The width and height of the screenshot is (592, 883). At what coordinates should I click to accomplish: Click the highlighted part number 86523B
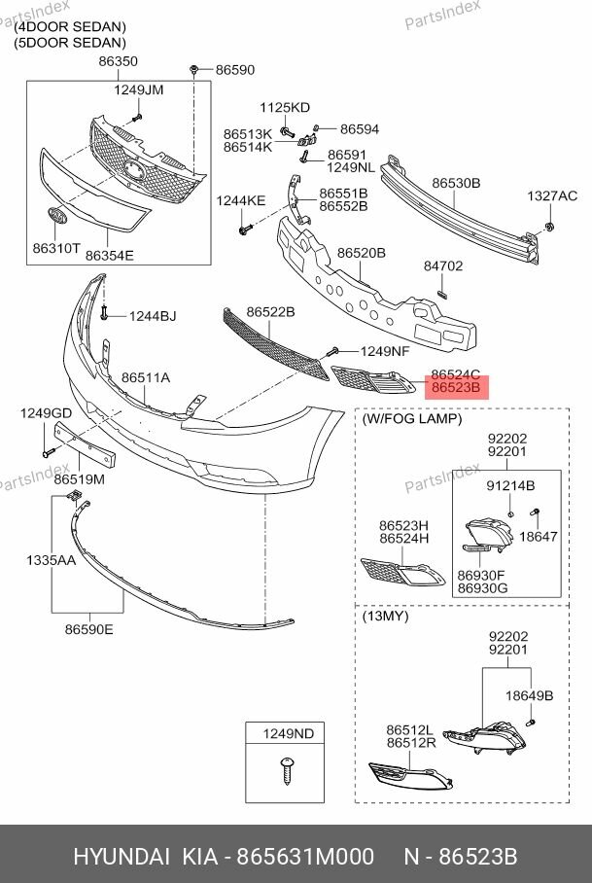coord(456,387)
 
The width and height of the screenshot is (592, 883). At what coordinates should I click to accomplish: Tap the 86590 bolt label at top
coord(234,70)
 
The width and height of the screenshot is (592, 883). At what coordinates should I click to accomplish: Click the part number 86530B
coord(456,183)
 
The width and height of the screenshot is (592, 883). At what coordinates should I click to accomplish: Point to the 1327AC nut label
coord(551,195)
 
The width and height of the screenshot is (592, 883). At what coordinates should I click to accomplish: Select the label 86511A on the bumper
coord(146,377)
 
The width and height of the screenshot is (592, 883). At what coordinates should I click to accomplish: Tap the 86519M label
coord(80,479)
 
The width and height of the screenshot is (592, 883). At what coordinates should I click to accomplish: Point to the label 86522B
coord(270,311)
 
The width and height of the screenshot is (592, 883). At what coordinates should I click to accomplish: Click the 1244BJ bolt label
coord(153,316)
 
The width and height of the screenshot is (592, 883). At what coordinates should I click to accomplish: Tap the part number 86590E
coord(89,629)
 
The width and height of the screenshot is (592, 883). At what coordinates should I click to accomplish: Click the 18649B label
coord(529,696)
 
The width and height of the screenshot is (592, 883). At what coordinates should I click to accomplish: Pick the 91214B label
coord(510,485)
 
